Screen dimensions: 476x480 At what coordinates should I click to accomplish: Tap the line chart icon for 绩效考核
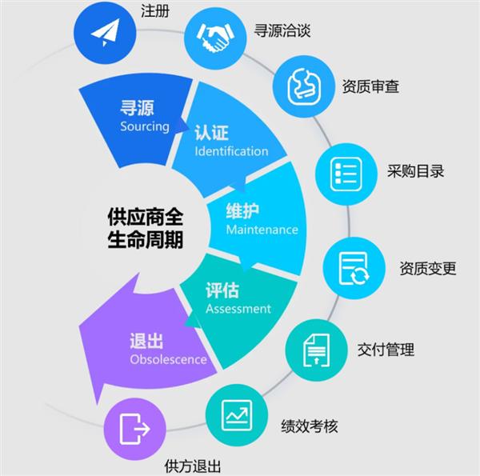(x=237, y=417)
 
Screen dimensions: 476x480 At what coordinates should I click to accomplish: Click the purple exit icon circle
(x=135, y=429)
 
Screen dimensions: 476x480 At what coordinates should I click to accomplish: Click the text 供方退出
(x=192, y=466)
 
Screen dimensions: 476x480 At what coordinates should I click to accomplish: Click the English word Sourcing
(x=145, y=126)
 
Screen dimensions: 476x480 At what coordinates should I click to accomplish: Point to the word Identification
(x=231, y=151)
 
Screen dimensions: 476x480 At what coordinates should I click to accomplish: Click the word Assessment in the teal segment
(x=238, y=309)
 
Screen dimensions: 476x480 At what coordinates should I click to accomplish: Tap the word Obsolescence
(x=168, y=359)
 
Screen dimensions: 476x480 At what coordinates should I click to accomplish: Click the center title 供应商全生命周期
(x=145, y=229)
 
